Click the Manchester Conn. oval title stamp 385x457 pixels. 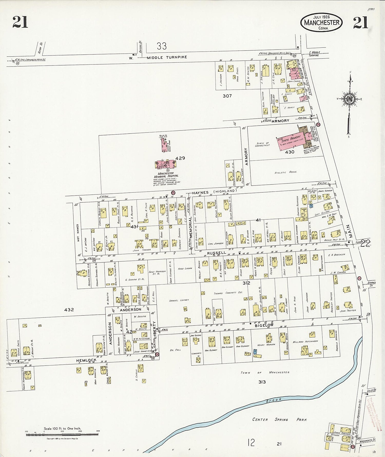tap(321, 22)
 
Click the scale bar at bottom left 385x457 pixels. tap(62, 434)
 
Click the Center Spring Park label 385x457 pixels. tap(280, 419)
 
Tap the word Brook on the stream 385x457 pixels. tap(274, 400)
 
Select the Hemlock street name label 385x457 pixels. tap(86, 360)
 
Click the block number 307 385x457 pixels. tap(227, 96)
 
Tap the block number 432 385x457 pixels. tap(69, 310)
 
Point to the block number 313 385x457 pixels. tap(262, 382)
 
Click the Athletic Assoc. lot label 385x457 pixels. tap(286, 172)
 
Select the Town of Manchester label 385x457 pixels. tap(265, 372)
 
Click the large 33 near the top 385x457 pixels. tap(162, 46)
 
